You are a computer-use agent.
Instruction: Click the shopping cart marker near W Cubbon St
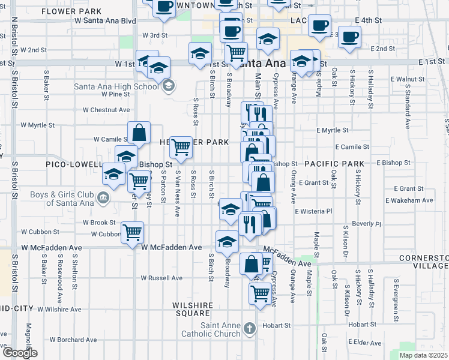133,232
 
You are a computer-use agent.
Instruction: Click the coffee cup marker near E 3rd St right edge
349,36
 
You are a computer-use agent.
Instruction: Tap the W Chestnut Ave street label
106,110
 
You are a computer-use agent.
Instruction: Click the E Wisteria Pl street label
313,211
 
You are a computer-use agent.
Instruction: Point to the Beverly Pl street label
367,223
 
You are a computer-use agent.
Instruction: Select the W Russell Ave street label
161,278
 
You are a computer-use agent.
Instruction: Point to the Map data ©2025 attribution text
423,355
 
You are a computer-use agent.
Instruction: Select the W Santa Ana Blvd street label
105,20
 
